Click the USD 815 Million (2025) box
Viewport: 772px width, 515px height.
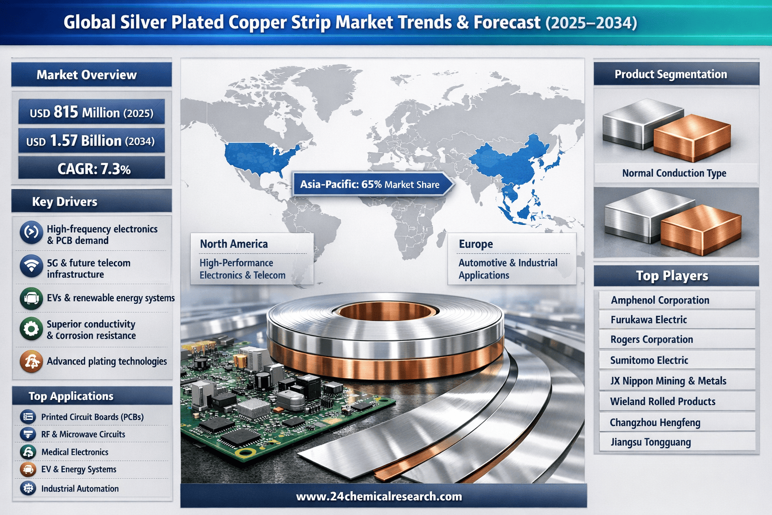point(91,112)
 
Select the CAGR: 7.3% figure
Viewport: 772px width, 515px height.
point(94,169)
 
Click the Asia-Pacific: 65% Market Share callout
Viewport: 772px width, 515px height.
point(372,184)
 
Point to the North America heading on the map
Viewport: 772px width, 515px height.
point(234,244)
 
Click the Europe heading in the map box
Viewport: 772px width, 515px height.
point(475,244)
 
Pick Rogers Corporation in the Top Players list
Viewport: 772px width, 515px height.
point(652,339)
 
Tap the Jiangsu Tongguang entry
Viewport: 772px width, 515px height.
point(651,442)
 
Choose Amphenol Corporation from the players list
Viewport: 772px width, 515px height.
point(660,300)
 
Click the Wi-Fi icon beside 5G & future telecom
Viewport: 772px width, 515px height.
point(31,266)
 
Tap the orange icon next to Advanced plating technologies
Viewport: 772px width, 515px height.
point(31,362)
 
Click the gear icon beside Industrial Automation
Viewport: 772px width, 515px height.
point(28,488)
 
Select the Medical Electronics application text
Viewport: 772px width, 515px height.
point(75,452)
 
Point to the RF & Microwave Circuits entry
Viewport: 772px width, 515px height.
point(83,435)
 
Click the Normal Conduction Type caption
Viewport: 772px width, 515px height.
point(674,173)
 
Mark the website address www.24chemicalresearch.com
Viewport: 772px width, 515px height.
point(379,496)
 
